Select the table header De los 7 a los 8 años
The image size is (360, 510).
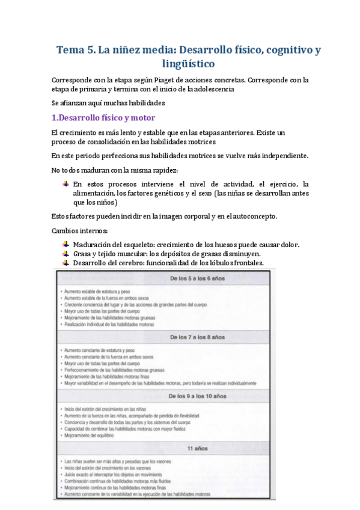(197, 337)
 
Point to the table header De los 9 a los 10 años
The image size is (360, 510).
(197, 396)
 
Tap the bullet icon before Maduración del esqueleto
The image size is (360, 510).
(66, 245)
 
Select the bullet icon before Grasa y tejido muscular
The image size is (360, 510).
(66, 253)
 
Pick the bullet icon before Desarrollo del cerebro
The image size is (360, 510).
(66, 262)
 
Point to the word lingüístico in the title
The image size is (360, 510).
(188, 63)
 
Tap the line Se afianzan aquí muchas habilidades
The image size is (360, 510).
(100, 102)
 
